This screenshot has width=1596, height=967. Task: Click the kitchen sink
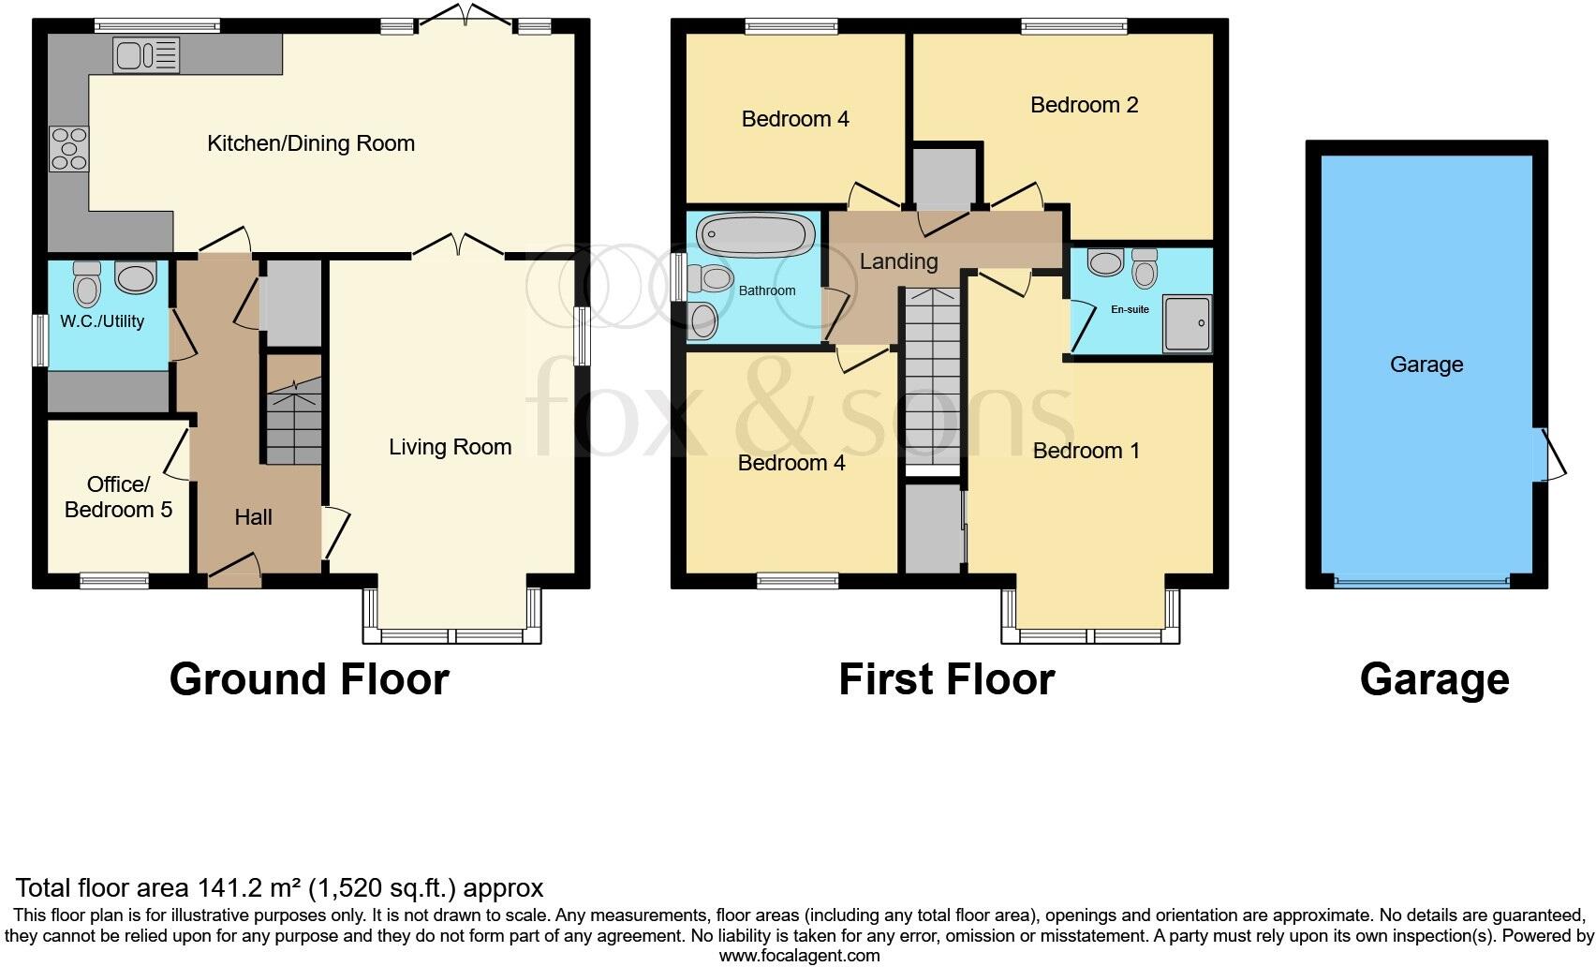pyautogui.click(x=146, y=54)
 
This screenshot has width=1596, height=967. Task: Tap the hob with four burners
pyautogui.click(x=68, y=149)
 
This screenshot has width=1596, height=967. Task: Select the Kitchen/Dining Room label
pyautogui.click(x=310, y=143)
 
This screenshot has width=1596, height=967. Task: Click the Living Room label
pyautogui.click(x=450, y=447)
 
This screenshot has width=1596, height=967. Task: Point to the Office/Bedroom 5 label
pyautogui.click(x=118, y=497)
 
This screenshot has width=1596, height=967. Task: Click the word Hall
pyautogui.click(x=253, y=517)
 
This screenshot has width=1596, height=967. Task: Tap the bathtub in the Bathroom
pyautogui.click(x=755, y=235)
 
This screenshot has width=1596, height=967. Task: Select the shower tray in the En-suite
pyautogui.click(x=1186, y=324)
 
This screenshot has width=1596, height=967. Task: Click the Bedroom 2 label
pyautogui.click(x=1084, y=105)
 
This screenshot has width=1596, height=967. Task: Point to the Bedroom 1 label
pyautogui.click(x=1086, y=451)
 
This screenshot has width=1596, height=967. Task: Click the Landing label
pyautogui.click(x=898, y=261)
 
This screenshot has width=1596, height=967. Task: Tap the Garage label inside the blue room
pyautogui.click(x=1426, y=364)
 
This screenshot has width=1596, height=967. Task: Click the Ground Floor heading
pyautogui.click(x=309, y=679)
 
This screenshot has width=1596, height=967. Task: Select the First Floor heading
pyautogui.click(x=946, y=679)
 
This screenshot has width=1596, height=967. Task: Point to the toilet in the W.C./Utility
pyautogui.click(x=87, y=283)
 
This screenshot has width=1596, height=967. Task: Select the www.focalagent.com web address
pyautogui.click(x=799, y=956)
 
